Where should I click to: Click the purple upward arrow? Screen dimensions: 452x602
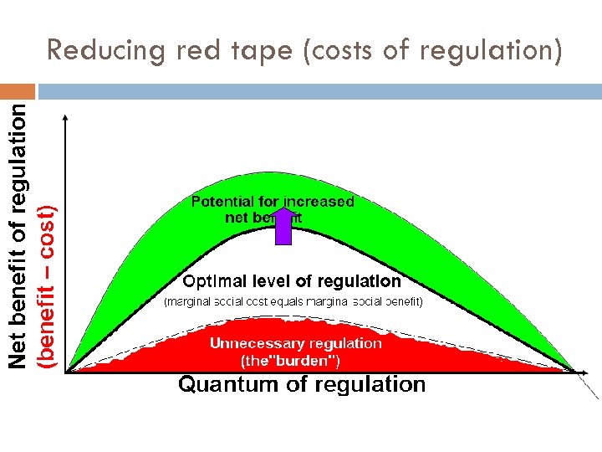(283, 227)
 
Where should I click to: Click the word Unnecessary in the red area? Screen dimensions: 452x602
(257, 343)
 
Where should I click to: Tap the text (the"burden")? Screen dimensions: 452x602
(290, 362)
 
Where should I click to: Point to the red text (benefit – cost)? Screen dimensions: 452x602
(49, 285)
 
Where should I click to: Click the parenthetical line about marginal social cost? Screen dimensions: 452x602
(293, 300)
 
